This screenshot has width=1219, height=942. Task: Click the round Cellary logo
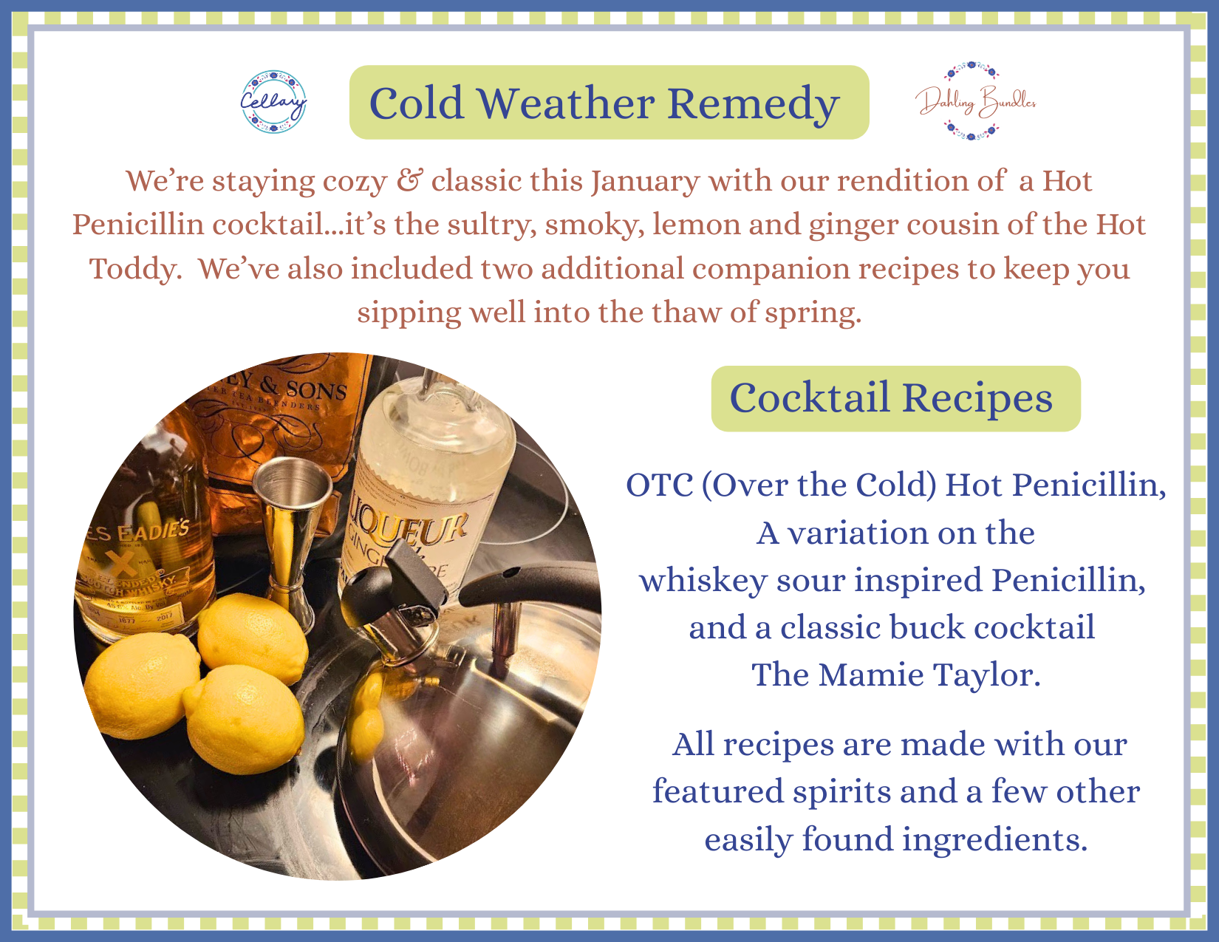273,101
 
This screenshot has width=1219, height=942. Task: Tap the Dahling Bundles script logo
975,101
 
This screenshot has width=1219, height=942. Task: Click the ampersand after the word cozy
409,181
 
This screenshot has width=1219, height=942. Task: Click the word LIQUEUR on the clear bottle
408,519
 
